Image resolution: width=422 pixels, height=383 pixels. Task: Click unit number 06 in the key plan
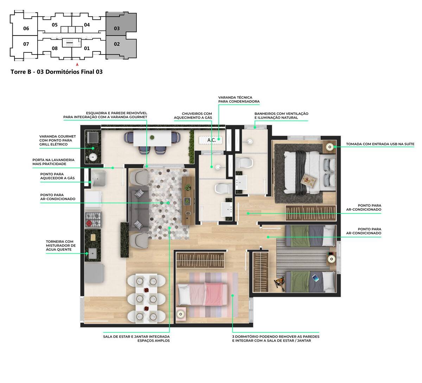click(26, 28)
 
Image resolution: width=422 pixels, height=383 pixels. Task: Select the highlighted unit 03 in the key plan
click(117, 28)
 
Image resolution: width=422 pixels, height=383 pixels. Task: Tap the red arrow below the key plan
click(77, 64)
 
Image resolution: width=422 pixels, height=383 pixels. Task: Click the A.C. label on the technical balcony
click(211, 140)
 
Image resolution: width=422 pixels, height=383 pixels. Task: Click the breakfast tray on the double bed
click(308, 181)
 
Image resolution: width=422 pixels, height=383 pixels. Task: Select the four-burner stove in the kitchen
click(93, 219)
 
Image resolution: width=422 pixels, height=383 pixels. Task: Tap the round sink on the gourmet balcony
click(93, 157)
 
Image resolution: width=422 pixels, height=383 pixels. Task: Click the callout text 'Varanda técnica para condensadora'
click(238, 100)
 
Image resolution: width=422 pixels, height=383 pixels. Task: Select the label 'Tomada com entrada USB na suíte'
click(380, 144)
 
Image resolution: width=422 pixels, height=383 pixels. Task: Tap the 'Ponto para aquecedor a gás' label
click(57, 176)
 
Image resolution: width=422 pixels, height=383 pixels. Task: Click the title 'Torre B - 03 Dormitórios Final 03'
click(57, 72)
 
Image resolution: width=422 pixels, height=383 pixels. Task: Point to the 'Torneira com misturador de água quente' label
click(60, 245)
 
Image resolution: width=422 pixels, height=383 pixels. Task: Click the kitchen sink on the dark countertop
click(93, 253)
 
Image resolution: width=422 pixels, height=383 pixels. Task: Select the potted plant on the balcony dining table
click(152, 137)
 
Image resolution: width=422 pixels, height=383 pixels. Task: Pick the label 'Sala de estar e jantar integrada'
click(136, 337)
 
